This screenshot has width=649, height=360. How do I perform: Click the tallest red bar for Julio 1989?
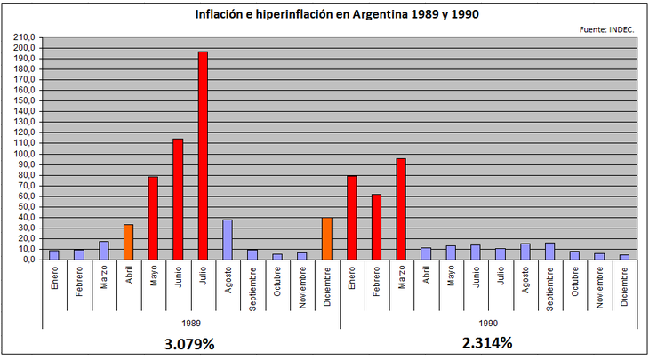click(203, 156)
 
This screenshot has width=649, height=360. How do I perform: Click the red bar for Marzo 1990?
click(401, 209)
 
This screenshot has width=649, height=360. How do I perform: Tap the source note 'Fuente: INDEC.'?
click(606, 29)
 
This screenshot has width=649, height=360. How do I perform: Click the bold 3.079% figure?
click(190, 342)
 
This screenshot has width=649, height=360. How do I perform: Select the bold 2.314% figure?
click(487, 342)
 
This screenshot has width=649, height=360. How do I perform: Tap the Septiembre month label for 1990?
click(549, 286)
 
